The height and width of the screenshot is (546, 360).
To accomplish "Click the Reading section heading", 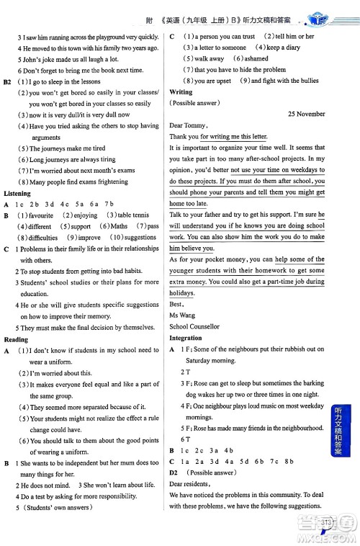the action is [16, 339].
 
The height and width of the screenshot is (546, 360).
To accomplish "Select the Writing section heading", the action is [181, 92].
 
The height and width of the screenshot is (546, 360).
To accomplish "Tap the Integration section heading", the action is [185, 338].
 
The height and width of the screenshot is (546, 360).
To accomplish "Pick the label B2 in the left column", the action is [9, 82].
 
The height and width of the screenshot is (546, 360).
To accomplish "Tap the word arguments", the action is [46, 138].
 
